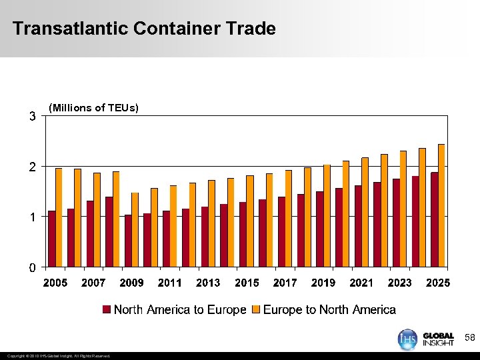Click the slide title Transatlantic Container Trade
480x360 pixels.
click(144, 29)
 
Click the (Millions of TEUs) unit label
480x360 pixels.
click(94, 108)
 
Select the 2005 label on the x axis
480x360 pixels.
click(55, 283)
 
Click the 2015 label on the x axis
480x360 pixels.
click(247, 283)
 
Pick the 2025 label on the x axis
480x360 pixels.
click(438, 283)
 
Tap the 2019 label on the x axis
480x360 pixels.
click(323, 283)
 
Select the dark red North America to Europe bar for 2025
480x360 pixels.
click(434, 219)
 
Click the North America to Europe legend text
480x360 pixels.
click(180, 309)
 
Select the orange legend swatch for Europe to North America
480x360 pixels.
click(257, 310)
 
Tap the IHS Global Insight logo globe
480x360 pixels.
click(407, 339)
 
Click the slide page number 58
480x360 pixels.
click(469, 339)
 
